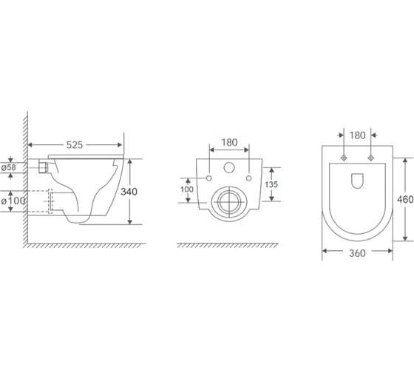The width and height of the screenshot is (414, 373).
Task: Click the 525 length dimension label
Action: [x=75, y=145]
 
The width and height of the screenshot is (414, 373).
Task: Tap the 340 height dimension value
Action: [x=129, y=192]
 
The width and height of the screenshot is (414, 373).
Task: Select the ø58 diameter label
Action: [x=8, y=167]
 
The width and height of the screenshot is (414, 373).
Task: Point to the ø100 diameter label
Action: [x=13, y=201]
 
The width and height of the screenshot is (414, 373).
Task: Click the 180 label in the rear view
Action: [x=229, y=143]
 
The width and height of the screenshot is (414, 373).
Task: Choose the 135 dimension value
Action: [x=271, y=184]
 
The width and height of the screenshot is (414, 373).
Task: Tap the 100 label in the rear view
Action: [x=187, y=189]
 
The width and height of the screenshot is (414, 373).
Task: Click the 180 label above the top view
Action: [x=358, y=135]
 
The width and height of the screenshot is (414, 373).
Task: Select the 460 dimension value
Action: [x=405, y=199]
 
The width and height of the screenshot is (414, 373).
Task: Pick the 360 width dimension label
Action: [x=357, y=253]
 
